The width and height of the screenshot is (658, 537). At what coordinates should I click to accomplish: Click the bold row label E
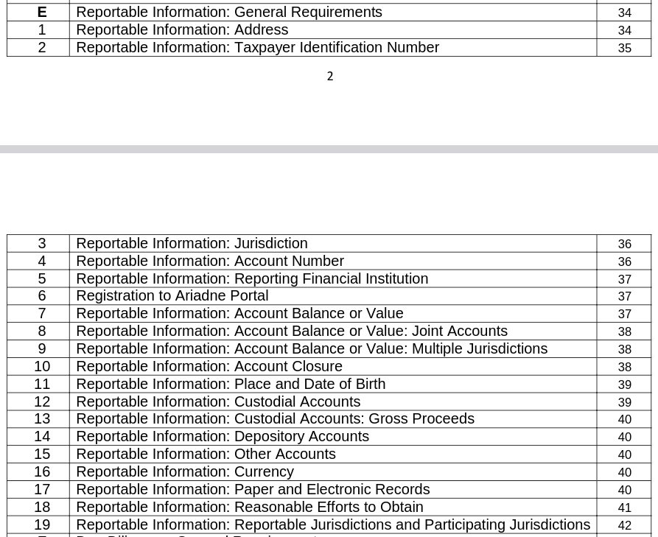point(41,13)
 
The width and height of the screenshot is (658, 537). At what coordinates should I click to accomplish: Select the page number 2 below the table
point(330,77)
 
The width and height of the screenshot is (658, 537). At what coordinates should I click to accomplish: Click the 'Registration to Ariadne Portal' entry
point(172,296)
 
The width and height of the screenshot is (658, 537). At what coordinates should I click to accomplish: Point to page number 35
point(624,49)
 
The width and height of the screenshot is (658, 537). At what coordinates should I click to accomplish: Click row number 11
point(41,384)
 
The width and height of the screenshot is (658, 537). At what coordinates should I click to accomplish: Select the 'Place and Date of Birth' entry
point(309,384)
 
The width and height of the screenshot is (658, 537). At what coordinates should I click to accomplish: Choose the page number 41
point(624,508)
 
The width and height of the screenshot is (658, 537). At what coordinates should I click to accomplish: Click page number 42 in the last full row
point(624,525)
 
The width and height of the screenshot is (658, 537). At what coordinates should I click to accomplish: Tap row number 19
point(41,524)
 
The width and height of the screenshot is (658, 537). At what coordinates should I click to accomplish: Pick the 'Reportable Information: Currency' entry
point(184,471)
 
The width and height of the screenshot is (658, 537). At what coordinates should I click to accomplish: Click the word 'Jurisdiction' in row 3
point(270,243)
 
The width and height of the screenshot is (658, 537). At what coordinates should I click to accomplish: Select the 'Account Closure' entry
point(288,366)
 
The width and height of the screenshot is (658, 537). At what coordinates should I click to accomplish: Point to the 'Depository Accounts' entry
point(301,436)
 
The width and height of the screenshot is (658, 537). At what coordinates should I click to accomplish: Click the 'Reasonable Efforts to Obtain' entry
point(329,507)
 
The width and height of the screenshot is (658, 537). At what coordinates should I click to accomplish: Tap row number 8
point(41,331)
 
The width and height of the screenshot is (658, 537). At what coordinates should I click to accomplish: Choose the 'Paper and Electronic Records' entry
point(332,489)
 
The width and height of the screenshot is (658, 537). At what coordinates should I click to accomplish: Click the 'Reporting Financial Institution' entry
point(331,278)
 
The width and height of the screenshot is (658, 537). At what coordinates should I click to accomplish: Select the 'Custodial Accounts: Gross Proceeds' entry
point(354,418)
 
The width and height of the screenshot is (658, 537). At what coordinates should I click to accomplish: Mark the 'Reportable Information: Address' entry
point(182,30)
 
